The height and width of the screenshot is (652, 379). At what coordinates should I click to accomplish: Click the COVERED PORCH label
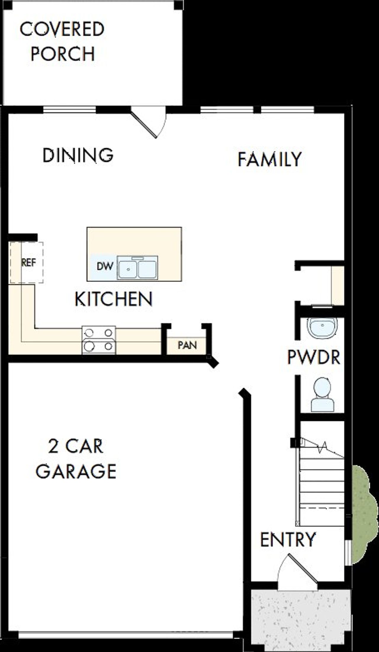(x=62, y=41)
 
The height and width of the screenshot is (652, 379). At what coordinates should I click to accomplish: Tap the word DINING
(x=78, y=155)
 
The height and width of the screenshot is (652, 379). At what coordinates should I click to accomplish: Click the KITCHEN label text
(x=113, y=299)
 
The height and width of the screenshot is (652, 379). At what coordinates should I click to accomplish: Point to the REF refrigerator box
(x=29, y=262)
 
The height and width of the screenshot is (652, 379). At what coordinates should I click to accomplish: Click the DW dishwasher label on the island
(x=105, y=266)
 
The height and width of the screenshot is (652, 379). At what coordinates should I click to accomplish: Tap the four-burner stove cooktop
(x=99, y=340)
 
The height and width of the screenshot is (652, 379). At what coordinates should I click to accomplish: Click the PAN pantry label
(x=187, y=345)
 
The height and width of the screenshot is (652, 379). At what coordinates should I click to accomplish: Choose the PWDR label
(x=314, y=357)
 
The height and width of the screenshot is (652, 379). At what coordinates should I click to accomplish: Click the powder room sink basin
(x=322, y=328)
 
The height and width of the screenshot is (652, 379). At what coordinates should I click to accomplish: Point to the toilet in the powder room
(x=322, y=395)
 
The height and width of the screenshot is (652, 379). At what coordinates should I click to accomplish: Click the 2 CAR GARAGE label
(x=76, y=459)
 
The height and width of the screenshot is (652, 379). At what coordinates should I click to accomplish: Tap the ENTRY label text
(x=288, y=540)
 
